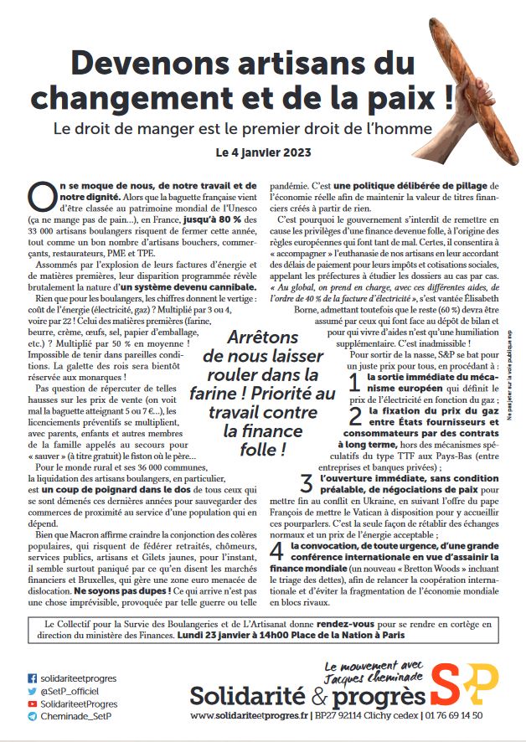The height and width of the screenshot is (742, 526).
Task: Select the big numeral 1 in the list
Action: coord(355,384)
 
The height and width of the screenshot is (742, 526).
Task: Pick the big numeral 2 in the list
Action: coord(355,416)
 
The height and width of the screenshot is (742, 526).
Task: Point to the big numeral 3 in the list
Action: coord(307,483)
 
